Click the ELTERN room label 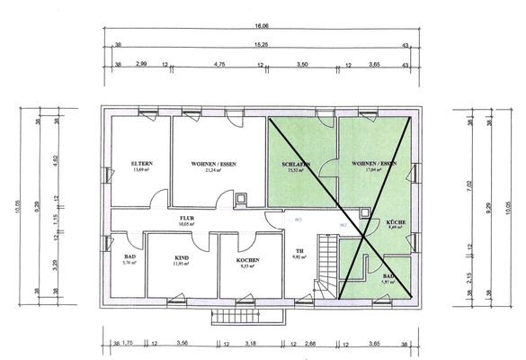point(141,163)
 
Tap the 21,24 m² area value point(213,170)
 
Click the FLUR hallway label point(187,217)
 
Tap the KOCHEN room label point(249,260)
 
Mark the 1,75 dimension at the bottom point(128,343)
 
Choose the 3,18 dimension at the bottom point(250,343)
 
